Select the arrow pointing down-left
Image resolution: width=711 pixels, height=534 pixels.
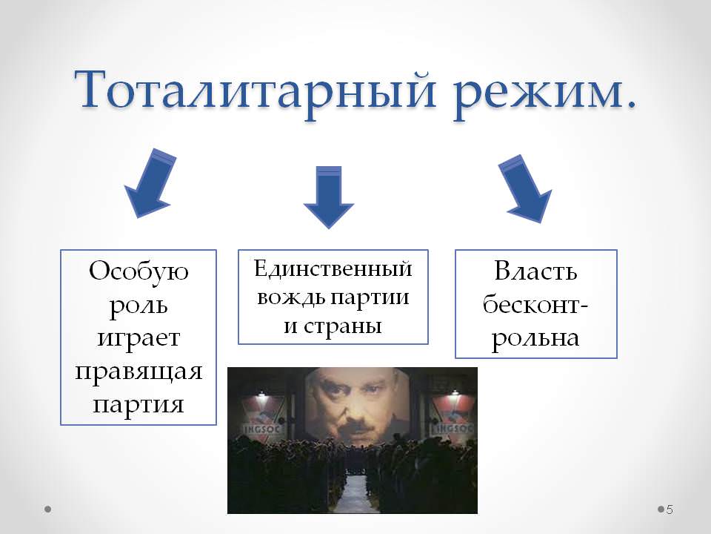[x=150, y=183]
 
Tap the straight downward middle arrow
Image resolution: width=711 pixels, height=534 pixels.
[x=328, y=197]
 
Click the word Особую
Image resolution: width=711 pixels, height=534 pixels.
[x=138, y=272]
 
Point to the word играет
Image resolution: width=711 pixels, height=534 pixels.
[x=138, y=339]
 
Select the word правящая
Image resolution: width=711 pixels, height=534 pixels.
[x=138, y=372]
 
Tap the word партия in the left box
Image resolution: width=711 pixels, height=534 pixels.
[x=138, y=404]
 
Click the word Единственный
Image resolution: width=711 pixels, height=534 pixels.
[x=333, y=268]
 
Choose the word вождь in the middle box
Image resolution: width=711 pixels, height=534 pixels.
[x=291, y=297]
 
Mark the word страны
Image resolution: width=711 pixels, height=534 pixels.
[x=342, y=326]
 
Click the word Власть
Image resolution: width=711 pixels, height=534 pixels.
[x=535, y=271]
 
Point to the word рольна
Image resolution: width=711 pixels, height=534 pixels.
[x=535, y=338]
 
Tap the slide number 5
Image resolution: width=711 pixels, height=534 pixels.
[x=670, y=510]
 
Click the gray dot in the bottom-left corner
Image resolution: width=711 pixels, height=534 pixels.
[x=47, y=510]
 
